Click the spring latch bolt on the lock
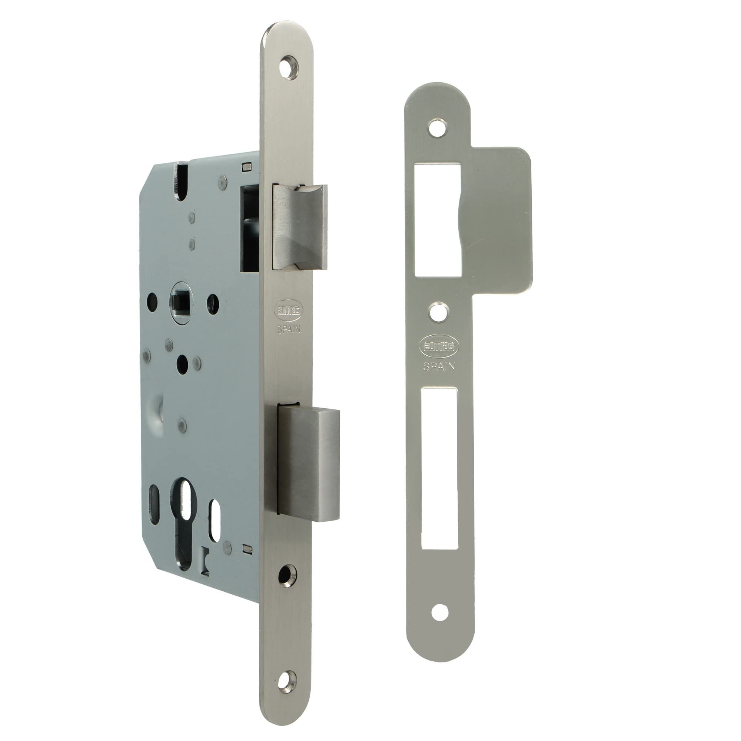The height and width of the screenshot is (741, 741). point(300,227)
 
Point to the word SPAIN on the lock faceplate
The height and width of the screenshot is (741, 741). point(289,329)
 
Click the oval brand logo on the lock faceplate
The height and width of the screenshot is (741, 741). point(288,309)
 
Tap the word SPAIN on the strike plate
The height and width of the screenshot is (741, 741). point(439,367)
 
